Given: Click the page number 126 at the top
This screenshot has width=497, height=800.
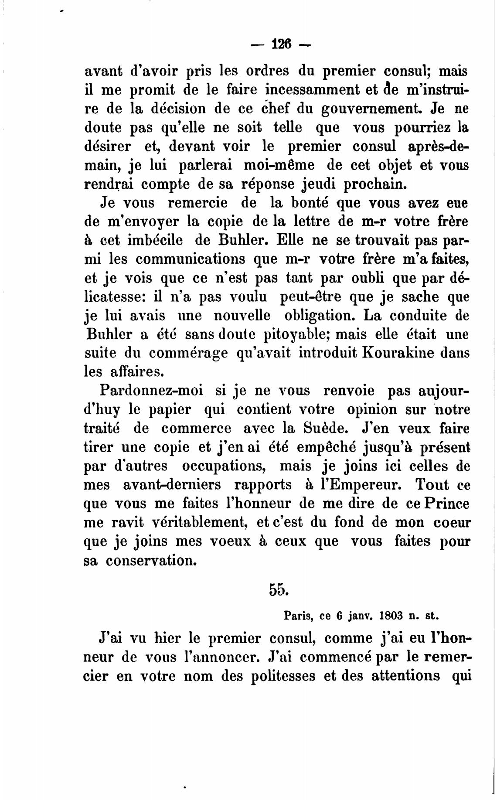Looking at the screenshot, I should (281, 44).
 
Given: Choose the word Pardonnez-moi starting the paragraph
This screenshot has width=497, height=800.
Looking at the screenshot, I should (151, 390).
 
